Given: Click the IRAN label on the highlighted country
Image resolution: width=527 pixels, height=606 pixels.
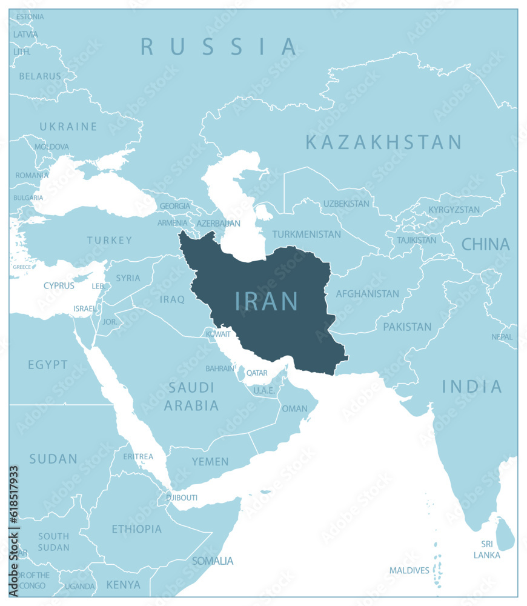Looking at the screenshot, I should [x=267, y=301].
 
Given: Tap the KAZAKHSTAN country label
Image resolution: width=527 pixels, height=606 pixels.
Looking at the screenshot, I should [x=383, y=142].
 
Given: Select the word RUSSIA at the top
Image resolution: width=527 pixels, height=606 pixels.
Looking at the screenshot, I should [x=219, y=47].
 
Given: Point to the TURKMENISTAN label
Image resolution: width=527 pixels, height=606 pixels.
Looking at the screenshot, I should [x=307, y=234].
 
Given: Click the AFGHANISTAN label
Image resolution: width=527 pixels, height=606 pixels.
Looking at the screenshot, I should [x=368, y=294].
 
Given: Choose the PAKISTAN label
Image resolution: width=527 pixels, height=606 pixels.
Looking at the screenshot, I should [x=407, y=327].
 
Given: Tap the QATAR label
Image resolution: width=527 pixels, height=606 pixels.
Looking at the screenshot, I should [x=257, y=373].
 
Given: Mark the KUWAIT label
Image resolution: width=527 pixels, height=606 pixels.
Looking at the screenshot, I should [x=218, y=334].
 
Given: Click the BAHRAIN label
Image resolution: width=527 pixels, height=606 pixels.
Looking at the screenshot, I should [x=220, y=368].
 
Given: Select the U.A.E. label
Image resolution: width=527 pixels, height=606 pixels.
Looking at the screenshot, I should [x=264, y=391].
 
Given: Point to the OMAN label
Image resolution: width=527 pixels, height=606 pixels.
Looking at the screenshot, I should [x=295, y=408].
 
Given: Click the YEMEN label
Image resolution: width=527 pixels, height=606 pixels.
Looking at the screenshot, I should [x=210, y=462].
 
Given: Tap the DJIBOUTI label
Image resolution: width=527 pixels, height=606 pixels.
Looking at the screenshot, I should [x=182, y=498].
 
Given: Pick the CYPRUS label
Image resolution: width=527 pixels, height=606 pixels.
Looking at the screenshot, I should [x=59, y=285].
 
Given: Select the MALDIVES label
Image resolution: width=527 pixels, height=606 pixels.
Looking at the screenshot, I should [x=409, y=570].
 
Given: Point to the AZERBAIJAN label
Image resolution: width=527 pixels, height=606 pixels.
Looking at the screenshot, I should [x=219, y=224].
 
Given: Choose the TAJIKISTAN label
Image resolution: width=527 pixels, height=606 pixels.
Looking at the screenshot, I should [x=416, y=240].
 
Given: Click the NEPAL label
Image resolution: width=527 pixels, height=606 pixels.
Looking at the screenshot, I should [x=502, y=337].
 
